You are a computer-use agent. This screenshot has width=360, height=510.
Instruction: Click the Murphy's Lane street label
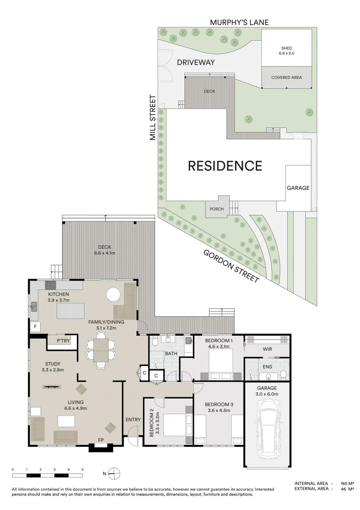coord(239,23)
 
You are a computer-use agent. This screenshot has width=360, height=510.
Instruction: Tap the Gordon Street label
coord(231,266)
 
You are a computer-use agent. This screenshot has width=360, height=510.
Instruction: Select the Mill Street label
coord(153,118)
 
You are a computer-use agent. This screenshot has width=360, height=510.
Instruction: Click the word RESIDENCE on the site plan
coord(225,166)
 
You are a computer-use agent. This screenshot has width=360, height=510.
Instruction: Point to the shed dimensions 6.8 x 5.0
coord(286,53)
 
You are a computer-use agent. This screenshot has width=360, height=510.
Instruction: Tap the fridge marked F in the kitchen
coord(35,326)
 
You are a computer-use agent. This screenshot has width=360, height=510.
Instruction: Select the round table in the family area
coord(113,295)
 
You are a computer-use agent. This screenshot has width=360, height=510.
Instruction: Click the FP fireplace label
coord(100,440)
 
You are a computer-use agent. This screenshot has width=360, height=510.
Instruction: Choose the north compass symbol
coord(114,473)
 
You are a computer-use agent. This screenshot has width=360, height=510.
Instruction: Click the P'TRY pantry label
coord(63,340)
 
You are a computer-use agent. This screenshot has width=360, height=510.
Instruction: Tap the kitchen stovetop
coord(50,285)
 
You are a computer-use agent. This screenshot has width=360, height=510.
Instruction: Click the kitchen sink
coord(34,306)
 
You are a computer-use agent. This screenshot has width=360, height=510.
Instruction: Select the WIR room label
coord(267,349)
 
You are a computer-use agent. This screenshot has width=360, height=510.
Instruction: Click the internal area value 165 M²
coord(347,484)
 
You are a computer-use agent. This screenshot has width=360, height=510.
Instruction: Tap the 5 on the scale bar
coord(83,469)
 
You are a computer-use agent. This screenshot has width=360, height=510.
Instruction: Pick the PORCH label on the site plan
coord(217,209)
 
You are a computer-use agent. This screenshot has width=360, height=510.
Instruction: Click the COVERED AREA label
coord(286,77)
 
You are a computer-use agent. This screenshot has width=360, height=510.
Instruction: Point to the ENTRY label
coord(133,420)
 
